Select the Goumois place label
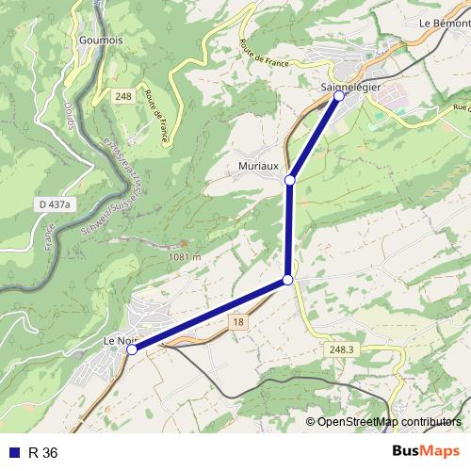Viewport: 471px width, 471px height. (103, 41)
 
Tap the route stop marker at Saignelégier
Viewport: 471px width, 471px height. (339, 96)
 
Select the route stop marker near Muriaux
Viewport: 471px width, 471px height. (290, 180)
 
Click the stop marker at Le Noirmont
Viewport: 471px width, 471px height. (132, 349)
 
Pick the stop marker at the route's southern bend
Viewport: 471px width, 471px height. (287, 281)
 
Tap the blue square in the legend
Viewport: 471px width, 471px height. (13, 453)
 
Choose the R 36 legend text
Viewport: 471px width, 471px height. (43, 453)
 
